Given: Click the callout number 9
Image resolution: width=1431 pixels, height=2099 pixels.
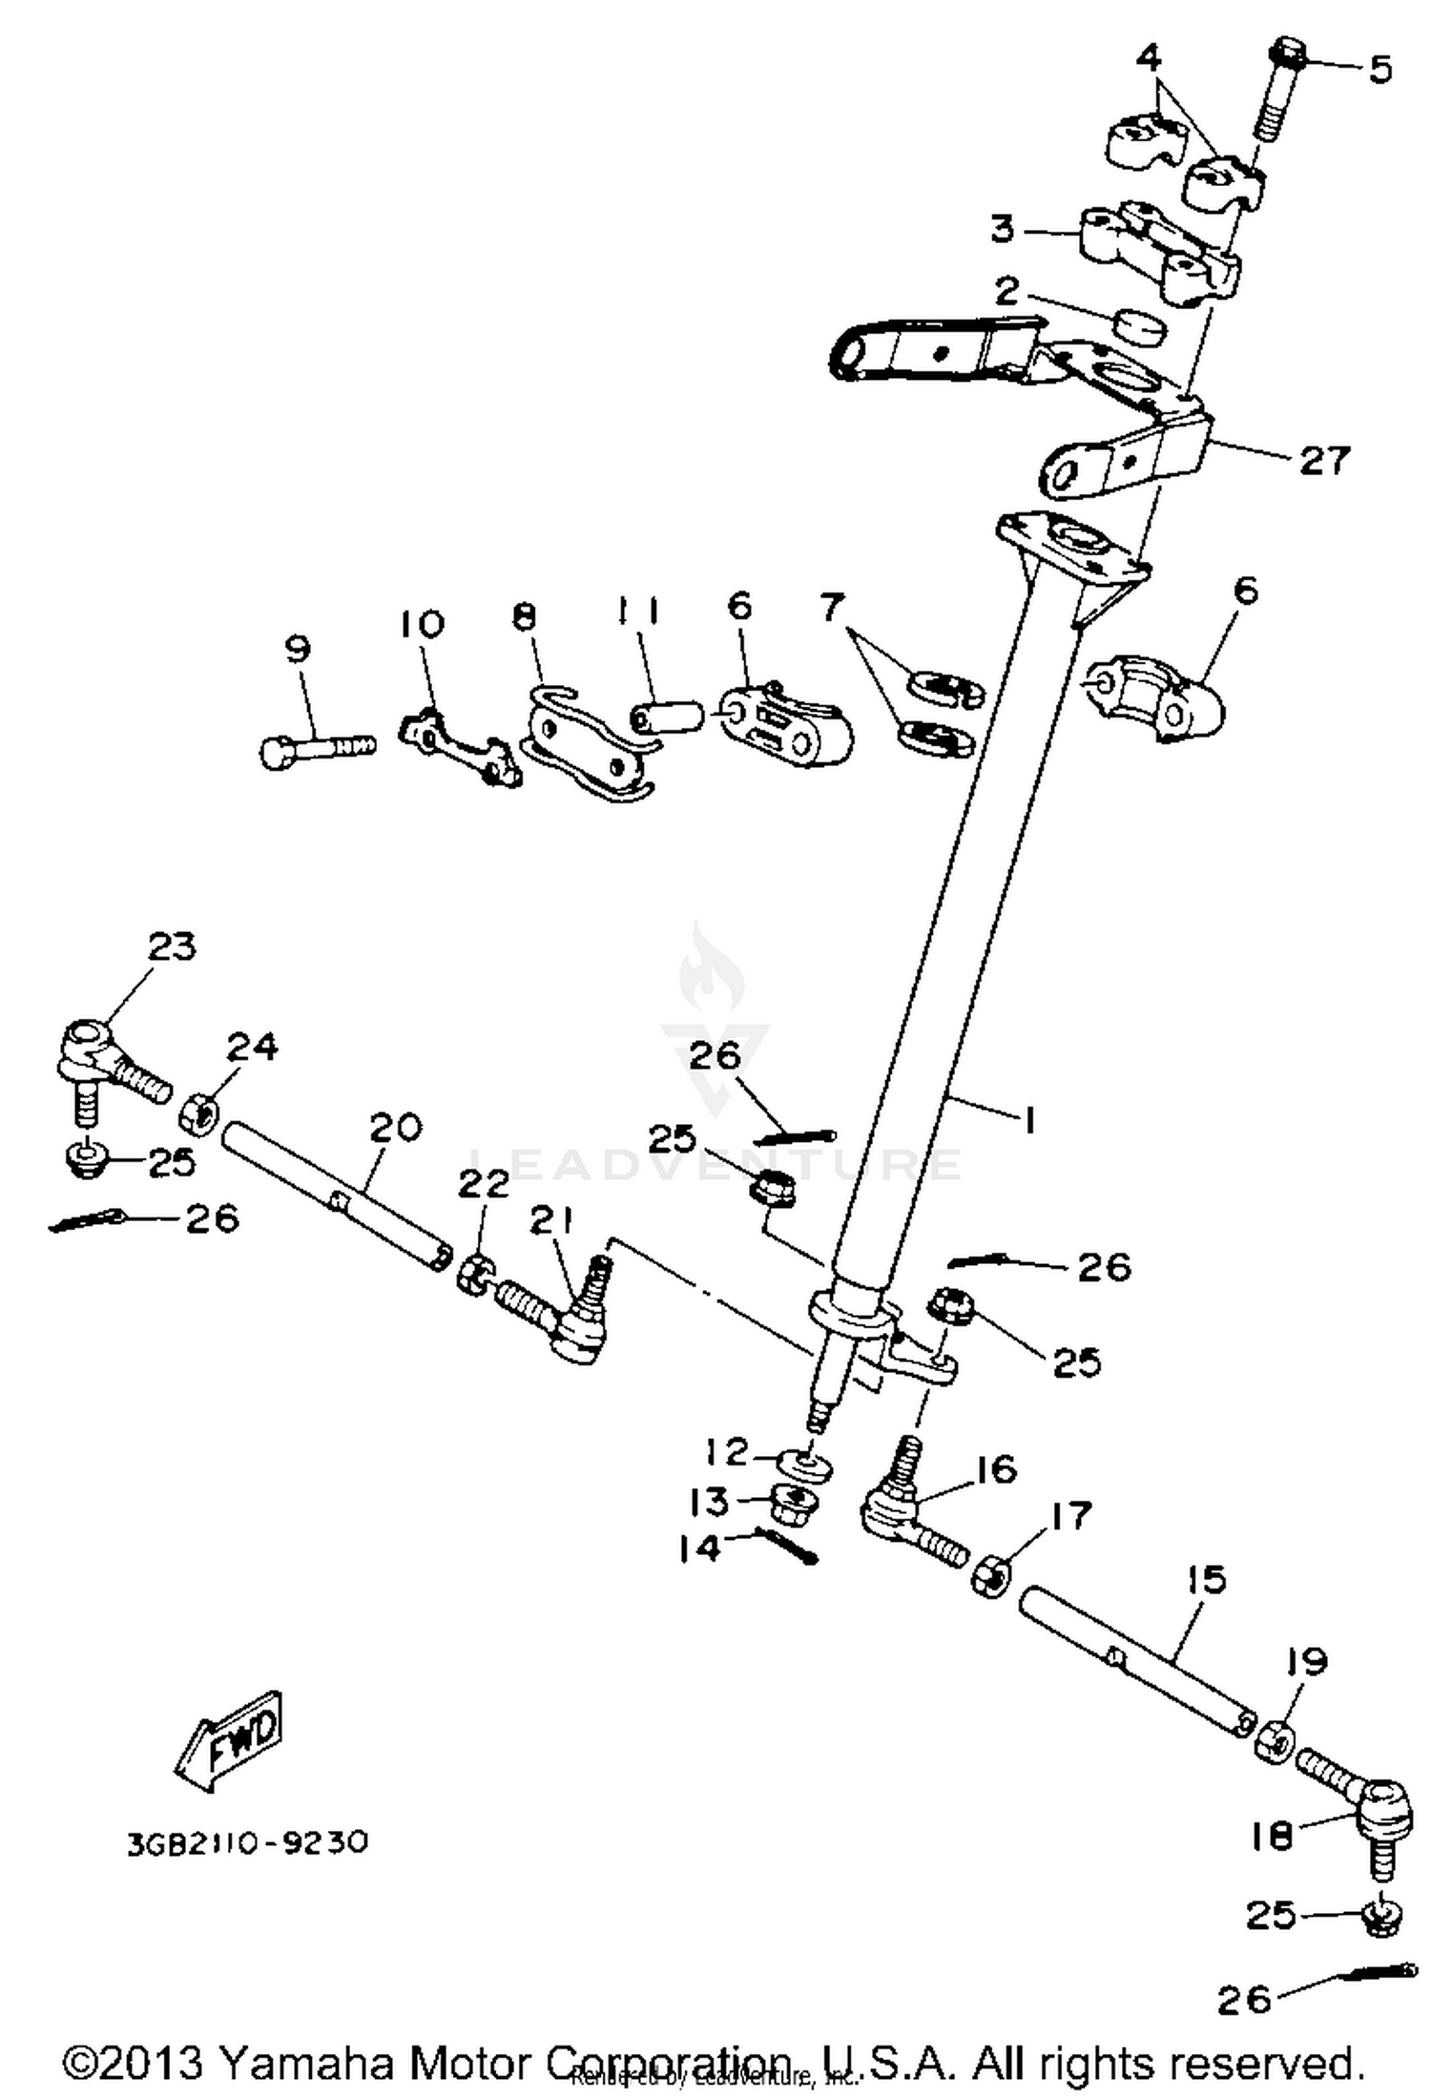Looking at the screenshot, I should [298, 650].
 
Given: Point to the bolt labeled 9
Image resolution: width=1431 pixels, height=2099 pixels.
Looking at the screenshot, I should [315, 750].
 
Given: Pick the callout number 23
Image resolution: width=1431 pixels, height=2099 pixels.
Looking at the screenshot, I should [172, 946].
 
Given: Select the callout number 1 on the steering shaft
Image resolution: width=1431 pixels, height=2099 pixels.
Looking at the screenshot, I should [1027, 1120].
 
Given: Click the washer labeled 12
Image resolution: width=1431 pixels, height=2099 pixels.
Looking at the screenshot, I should [804, 1465].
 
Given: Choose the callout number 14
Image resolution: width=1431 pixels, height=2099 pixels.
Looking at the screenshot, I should [700, 1548].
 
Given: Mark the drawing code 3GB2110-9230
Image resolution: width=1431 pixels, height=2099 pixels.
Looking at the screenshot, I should [247, 1841].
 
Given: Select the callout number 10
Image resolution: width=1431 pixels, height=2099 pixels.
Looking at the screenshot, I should [421, 624].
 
